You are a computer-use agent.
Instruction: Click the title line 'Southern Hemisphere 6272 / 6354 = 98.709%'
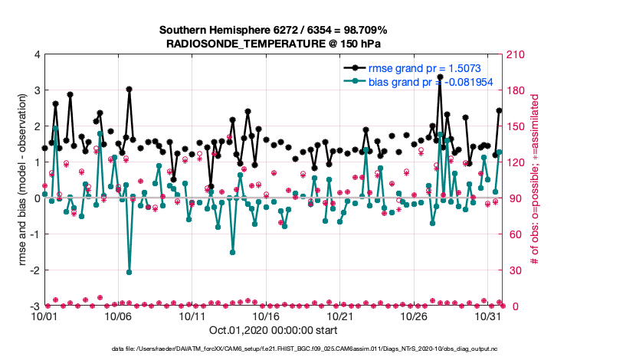pos(273,30)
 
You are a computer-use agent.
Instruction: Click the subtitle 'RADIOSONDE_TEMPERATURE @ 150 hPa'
pos(273,44)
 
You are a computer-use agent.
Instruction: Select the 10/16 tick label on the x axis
pos(266,316)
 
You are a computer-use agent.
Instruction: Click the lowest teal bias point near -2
pos(129,272)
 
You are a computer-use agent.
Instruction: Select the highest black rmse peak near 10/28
pos(440,77)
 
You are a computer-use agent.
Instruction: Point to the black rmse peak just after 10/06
pos(129,90)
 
